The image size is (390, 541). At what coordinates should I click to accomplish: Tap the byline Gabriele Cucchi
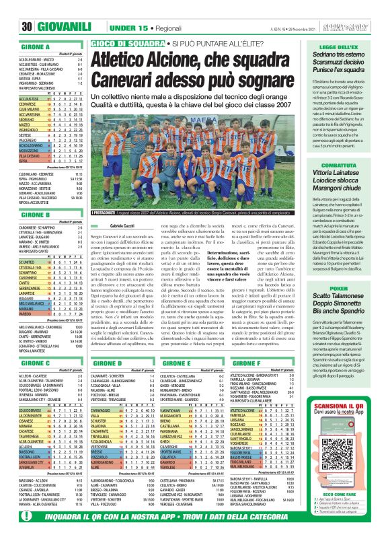click(x=122, y=227)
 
